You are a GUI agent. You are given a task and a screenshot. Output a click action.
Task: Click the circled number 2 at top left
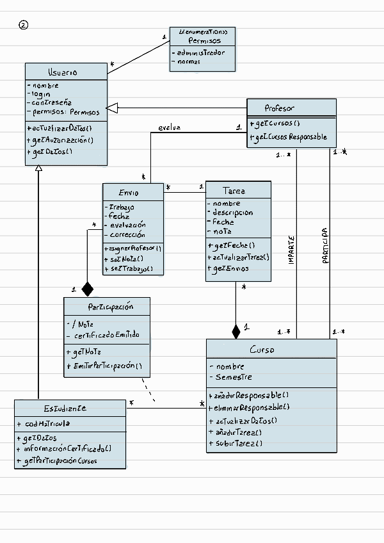click(x=24, y=26)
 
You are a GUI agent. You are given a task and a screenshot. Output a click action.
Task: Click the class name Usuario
click(x=62, y=72)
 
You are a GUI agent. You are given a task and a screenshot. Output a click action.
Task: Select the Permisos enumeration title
click(x=203, y=40)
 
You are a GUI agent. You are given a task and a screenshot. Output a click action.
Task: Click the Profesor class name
click(x=279, y=108)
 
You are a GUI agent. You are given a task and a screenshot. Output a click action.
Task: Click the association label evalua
click(x=170, y=128)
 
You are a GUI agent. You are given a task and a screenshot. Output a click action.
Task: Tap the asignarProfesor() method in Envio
click(x=133, y=248)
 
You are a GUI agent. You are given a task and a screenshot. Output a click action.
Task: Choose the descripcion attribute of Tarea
click(x=233, y=213)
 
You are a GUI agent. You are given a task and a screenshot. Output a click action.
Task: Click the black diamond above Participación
click(x=87, y=289)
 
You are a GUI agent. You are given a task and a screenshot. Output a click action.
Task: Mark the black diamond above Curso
click(x=236, y=331)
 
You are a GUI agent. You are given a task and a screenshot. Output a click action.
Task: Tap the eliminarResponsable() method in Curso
click(x=248, y=407)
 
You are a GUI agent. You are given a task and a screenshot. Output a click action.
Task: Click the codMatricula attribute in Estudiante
click(x=48, y=423)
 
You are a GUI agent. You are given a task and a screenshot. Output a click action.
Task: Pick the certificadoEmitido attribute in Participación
click(x=106, y=336)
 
